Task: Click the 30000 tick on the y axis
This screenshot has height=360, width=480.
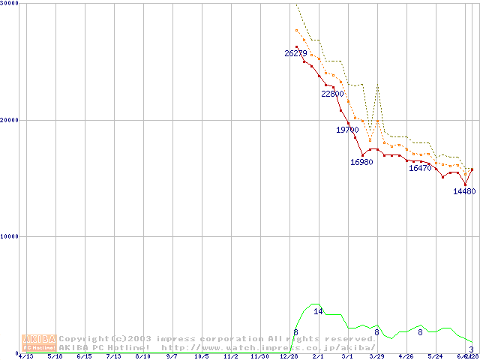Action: click(x=10, y=4)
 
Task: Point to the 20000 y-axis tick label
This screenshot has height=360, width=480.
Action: click(x=10, y=120)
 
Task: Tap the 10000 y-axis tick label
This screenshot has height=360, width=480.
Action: click(x=10, y=236)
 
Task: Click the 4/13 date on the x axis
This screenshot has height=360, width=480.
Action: click(x=25, y=356)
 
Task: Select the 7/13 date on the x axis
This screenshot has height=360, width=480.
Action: click(x=113, y=356)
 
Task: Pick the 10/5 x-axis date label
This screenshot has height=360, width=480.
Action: click(x=201, y=356)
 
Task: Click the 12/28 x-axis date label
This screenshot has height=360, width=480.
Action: click(x=288, y=356)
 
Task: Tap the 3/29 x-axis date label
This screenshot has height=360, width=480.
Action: click(x=376, y=356)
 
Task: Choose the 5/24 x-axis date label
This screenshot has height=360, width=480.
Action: click(x=435, y=356)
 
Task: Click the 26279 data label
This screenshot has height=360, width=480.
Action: click(x=295, y=53)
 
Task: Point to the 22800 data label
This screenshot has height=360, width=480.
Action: click(x=332, y=94)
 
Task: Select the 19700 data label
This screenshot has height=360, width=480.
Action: click(x=347, y=130)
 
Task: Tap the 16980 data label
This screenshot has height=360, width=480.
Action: click(x=361, y=162)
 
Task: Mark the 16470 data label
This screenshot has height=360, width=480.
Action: click(x=420, y=168)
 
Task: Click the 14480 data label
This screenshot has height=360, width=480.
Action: click(x=464, y=191)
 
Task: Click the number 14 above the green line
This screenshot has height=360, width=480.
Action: click(x=318, y=311)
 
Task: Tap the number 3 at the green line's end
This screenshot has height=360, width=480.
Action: click(x=471, y=349)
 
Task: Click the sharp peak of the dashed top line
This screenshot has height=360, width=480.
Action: click(x=377, y=85)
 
